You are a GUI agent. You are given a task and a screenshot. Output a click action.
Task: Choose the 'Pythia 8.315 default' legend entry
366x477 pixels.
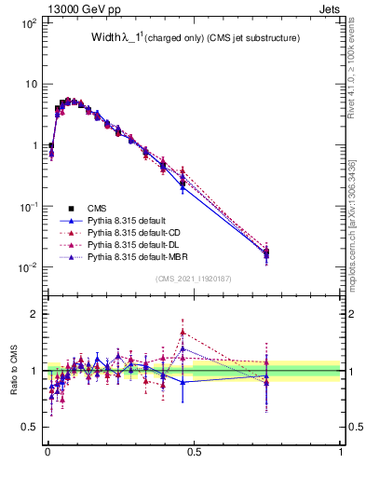(130, 220)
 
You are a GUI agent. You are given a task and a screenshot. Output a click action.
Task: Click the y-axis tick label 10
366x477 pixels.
(29, 84)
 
